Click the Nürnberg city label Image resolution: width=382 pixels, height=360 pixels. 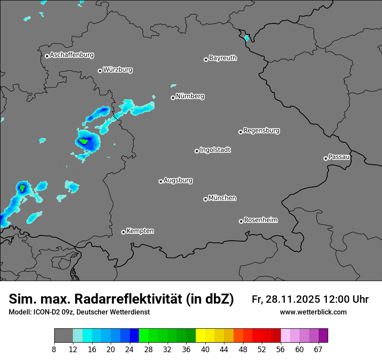(190, 96)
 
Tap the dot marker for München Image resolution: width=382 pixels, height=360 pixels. (205, 199)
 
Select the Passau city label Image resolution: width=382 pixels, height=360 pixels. (339, 157)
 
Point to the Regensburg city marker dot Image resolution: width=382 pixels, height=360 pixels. (240, 132)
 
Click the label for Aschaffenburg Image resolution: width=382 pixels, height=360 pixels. (72, 55)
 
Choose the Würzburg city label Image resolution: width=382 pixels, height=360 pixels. (118, 70)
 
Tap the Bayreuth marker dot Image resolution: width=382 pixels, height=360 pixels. (206, 59)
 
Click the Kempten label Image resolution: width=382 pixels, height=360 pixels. (140, 231)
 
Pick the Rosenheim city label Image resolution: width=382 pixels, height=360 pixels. (260, 220)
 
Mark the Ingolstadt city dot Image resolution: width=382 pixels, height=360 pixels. (197, 151)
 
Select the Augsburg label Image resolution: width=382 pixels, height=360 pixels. (178, 180)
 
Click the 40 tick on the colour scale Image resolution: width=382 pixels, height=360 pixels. (205, 349)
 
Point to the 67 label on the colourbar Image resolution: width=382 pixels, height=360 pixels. (318, 349)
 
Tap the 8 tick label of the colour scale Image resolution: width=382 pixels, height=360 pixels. (54, 349)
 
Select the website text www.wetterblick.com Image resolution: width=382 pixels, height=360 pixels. (313, 312)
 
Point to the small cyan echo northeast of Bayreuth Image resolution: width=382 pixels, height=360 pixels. (247, 38)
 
